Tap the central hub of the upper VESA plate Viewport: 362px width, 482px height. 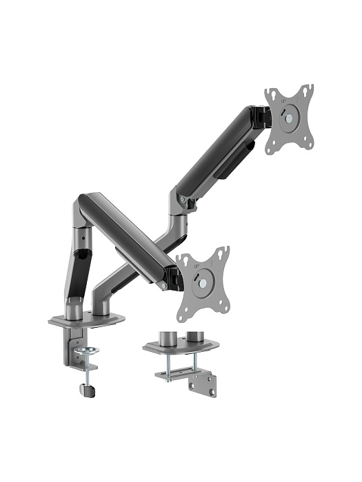tap(290, 118)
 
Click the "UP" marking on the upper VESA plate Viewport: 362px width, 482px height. tap(283, 101)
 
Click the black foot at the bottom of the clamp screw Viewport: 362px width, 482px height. tap(88, 390)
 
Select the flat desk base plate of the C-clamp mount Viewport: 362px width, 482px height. tap(86, 319)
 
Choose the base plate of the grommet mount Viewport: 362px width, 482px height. tap(181, 346)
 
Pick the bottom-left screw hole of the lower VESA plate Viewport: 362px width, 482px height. tap(182, 315)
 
